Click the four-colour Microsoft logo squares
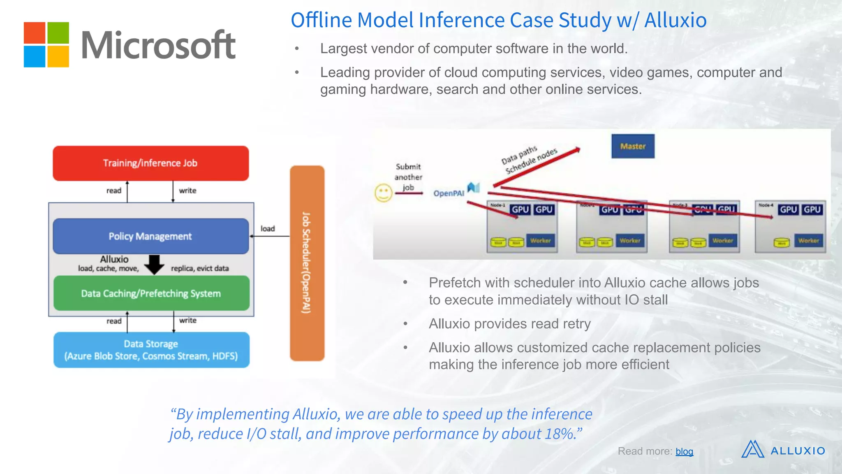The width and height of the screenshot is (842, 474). pyautogui.click(x=46, y=44)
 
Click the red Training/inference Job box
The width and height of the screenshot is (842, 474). pyautogui.click(x=150, y=163)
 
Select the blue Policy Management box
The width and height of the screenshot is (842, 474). pyautogui.click(x=150, y=236)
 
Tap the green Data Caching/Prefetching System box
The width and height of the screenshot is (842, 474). pyautogui.click(x=151, y=293)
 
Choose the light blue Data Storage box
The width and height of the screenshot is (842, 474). pyautogui.click(x=151, y=350)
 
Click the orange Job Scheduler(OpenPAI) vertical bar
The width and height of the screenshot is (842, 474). pyautogui.click(x=307, y=263)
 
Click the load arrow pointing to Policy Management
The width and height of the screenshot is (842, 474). pyautogui.click(x=269, y=236)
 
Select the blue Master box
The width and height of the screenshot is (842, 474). pyautogui.click(x=633, y=146)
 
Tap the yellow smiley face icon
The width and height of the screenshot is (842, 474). pyautogui.click(x=383, y=193)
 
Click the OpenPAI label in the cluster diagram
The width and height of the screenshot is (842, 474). pyautogui.click(x=449, y=193)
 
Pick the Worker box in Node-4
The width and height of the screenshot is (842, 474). pyautogui.click(x=808, y=241)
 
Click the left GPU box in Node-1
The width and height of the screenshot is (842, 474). pyautogui.click(x=520, y=210)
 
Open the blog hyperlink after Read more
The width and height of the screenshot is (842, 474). pyautogui.click(x=684, y=452)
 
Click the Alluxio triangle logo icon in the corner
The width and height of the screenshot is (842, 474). pyautogui.click(x=752, y=449)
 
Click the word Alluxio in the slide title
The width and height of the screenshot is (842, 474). pyautogui.click(x=675, y=20)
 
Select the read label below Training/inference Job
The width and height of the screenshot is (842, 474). pyautogui.click(x=114, y=191)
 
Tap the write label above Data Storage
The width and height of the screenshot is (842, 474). pyautogui.click(x=188, y=321)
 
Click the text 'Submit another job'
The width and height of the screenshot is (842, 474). pyautogui.click(x=408, y=177)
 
